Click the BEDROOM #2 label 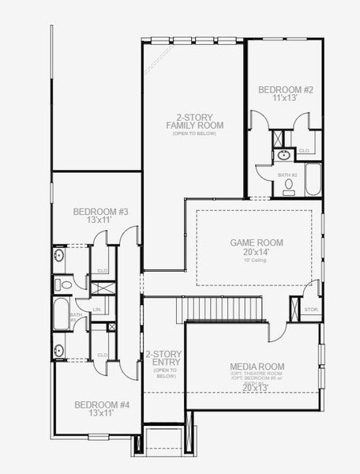pyautogui.click(x=287, y=90)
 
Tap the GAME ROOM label pyautogui.click(x=257, y=243)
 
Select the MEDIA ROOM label pyautogui.click(x=257, y=367)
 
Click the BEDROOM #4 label pyautogui.click(x=101, y=405)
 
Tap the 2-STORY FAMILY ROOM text pyautogui.click(x=194, y=120)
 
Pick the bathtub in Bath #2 pyautogui.click(x=312, y=179)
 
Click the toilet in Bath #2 pyautogui.click(x=289, y=186)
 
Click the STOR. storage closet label pyautogui.click(x=310, y=309)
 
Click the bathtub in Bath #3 pyautogui.click(x=62, y=314)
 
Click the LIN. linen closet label pyautogui.click(x=97, y=309)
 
